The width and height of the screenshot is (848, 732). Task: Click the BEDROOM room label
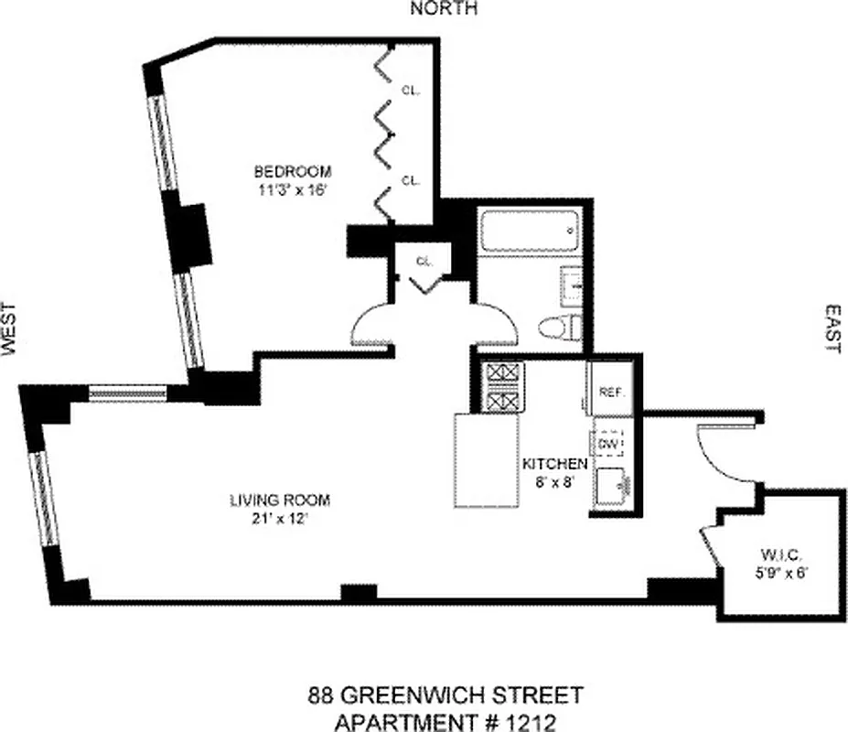pos(292,171)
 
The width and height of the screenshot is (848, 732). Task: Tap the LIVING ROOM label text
pos(279,501)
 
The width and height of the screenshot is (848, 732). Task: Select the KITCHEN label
pos(554,464)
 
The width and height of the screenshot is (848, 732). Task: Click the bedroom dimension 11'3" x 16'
pos(292,190)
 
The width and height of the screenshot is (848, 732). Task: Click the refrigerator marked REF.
pos(611,392)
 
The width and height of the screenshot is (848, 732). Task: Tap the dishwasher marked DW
pos(609,443)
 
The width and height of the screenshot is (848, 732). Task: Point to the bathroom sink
pos(571,285)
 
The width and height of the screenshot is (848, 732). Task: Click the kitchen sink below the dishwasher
pos(611,486)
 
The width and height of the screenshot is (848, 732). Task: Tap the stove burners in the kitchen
pos(502,387)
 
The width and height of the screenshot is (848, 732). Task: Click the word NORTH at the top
pos(444,9)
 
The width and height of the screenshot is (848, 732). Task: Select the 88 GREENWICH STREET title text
pos(443,697)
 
